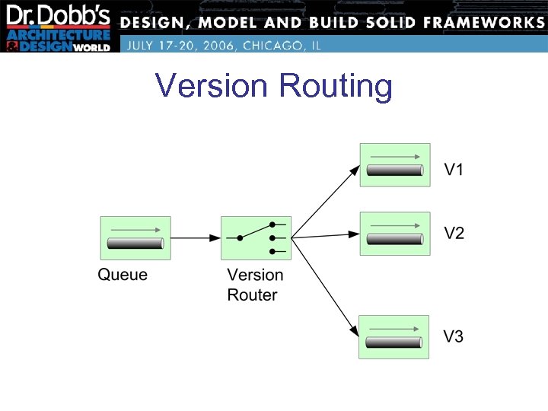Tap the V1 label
click(x=454, y=169)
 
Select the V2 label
click(x=454, y=234)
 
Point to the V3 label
click(x=454, y=336)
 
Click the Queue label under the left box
click(x=123, y=275)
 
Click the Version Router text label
click(x=255, y=285)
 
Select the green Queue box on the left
click(x=135, y=237)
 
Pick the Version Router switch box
click(x=256, y=237)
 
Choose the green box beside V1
click(x=395, y=165)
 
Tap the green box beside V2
click(x=395, y=233)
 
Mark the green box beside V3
click(x=395, y=336)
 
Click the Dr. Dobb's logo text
click(x=59, y=17)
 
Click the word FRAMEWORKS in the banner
click(x=478, y=22)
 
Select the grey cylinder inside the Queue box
click(x=135, y=244)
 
